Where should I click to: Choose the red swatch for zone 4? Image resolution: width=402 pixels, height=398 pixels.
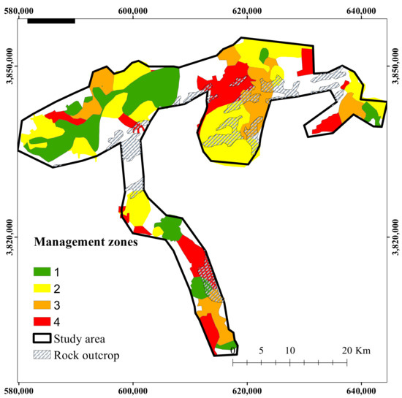click(x=43, y=321)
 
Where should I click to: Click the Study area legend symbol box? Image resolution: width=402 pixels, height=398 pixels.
click(x=43, y=338)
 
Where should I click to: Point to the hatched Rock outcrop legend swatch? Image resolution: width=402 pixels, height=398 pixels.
click(x=43, y=355)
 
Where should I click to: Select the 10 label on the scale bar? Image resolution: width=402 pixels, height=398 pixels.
click(x=289, y=351)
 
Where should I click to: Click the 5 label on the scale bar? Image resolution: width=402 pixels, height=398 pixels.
click(x=261, y=351)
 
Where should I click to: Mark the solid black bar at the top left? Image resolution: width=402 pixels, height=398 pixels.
click(x=50, y=20)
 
